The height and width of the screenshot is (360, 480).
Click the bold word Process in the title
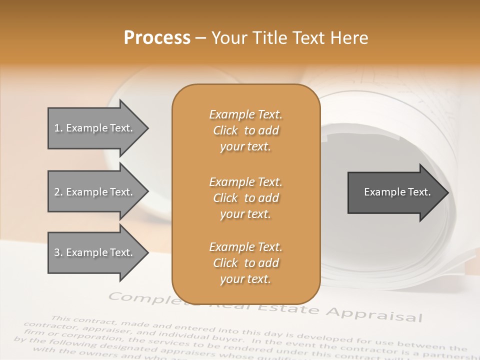point(157,38)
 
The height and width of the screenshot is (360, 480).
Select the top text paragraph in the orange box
point(245,130)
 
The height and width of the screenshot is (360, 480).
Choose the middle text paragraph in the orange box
point(245,198)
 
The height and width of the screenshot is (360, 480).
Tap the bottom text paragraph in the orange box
point(245,263)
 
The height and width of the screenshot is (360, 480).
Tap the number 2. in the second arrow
point(58,192)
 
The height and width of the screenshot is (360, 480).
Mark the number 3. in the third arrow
point(58,252)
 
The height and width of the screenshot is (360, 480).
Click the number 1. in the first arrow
point(58,128)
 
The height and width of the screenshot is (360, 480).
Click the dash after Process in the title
point(200,38)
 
